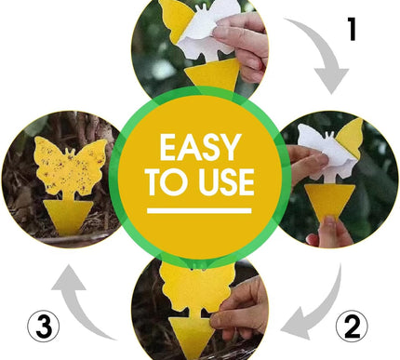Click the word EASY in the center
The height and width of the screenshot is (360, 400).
(x=200, y=147)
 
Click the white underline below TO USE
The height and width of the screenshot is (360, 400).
(x=199, y=211)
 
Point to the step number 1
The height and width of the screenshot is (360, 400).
(x=352, y=29)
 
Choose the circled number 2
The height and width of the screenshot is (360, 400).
(x=352, y=326)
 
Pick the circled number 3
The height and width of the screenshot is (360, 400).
(x=44, y=327)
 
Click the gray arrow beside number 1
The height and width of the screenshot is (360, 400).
(x=323, y=53)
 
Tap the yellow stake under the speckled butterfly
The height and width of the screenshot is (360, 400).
(x=68, y=217)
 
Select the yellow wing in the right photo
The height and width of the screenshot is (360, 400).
(x=350, y=137)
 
